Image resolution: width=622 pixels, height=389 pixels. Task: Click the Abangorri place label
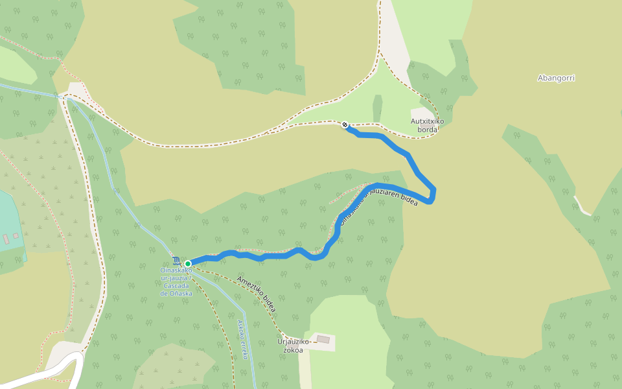coord(556,78)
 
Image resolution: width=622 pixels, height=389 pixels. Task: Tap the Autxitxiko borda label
coord(427,125)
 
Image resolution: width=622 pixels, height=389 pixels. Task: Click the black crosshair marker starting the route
coord(345,125)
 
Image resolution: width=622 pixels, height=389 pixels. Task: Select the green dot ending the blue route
coord(188,263)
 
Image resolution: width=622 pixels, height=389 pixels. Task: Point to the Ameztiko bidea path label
coord(258,295)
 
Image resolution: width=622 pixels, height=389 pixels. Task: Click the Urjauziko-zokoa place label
coord(294,346)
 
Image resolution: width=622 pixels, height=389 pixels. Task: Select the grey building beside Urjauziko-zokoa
coord(323,340)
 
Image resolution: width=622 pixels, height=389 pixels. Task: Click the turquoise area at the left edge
coord(9,220)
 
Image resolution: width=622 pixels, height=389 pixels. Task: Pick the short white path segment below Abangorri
coord(582,209)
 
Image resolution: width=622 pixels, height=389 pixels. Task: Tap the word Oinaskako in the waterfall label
coord(177,270)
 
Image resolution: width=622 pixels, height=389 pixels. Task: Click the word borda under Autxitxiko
coord(428,130)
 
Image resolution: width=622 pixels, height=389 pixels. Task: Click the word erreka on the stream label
coord(244,348)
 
